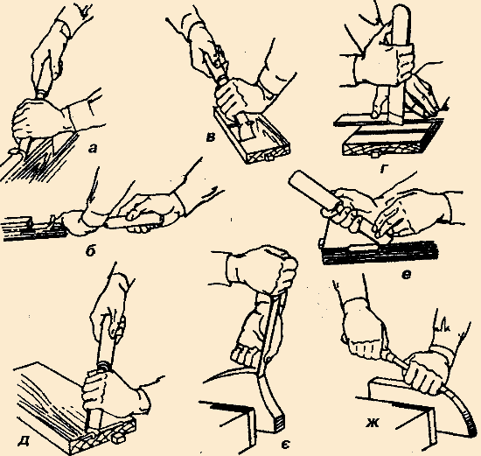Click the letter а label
(x=92, y=150)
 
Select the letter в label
(x=210, y=138)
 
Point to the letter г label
(x=383, y=169)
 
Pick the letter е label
(x=406, y=275)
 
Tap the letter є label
(x=285, y=445)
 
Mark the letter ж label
(x=373, y=423)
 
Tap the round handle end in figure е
(x=296, y=179)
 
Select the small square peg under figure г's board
(x=374, y=155)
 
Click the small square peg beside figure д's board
(x=118, y=439)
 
